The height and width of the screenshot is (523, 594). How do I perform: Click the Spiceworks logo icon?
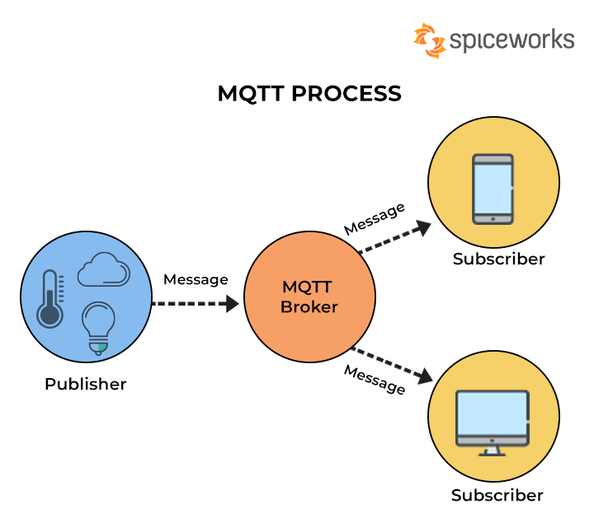click(429, 40)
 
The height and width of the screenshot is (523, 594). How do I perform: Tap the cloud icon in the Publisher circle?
click(103, 270)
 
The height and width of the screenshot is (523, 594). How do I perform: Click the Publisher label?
click(86, 385)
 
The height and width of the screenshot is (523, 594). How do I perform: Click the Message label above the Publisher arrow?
click(196, 280)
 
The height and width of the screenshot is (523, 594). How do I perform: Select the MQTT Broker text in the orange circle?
click(309, 297)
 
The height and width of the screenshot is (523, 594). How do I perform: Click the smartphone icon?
click(493, 189)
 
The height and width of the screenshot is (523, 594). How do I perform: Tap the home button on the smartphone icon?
click(493, 218)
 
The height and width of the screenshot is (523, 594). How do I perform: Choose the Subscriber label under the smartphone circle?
click(498, 259)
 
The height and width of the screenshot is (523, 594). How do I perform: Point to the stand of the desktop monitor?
click(493, 450)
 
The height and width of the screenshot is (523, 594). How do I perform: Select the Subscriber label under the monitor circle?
click(497, 496)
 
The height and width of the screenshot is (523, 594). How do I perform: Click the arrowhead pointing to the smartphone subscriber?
click(423, 226)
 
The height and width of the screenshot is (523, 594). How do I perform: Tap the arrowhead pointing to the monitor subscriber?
click(424, 377)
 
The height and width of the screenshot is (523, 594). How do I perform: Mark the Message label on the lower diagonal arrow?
click(375, 379)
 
